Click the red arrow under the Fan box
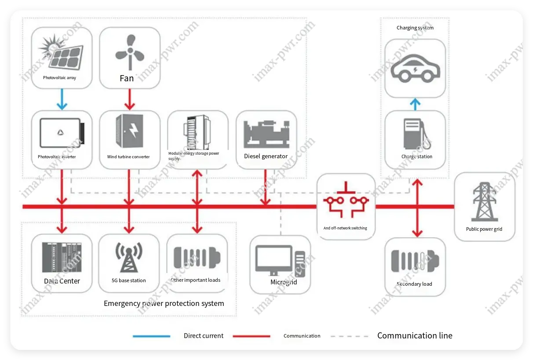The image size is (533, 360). tap(129, 99)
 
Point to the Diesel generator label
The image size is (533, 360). tap(266, 156)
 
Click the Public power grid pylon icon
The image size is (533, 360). tap(484, 202)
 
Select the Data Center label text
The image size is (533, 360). tap(62, 281)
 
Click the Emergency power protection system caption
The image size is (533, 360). tap(164, 304)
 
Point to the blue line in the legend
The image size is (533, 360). tap(151, 336)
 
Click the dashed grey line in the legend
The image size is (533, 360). tap(350, 336)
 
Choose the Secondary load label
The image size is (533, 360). tap(414, 284)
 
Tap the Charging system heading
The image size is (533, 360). tap(415, 28)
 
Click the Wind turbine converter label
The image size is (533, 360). tap(128, 157)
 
